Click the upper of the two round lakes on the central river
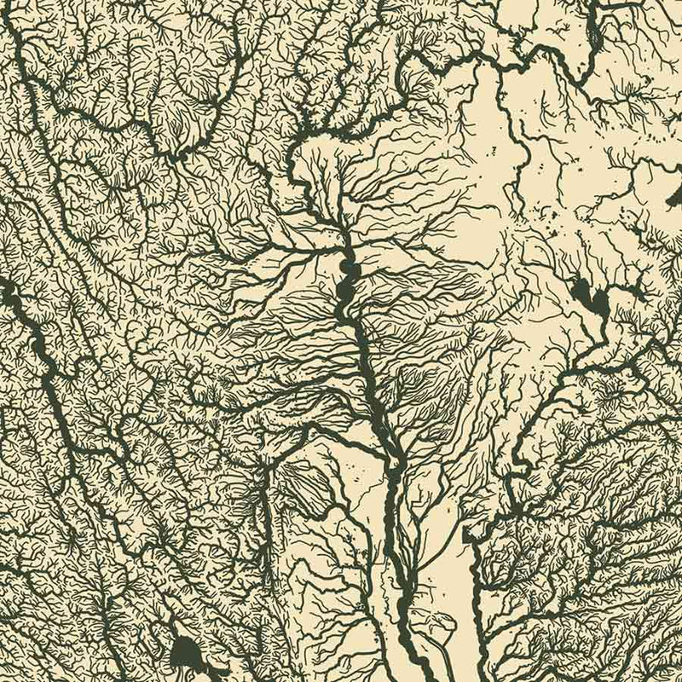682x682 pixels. [347, 272]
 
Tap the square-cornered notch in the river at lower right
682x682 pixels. [473, 533]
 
